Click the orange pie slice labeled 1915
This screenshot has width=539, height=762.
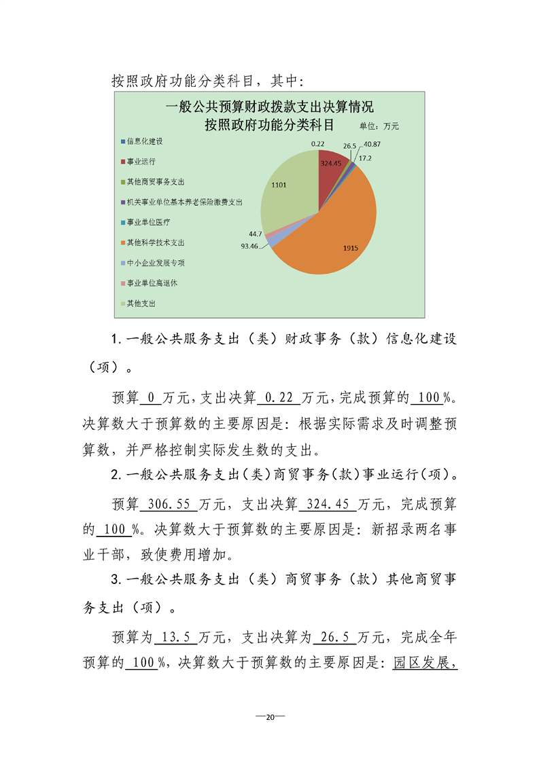(340, 231)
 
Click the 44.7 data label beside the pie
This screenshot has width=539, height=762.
(256, 234)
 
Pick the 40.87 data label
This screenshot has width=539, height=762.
(372, 145)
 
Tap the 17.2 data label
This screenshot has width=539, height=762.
(365, 158)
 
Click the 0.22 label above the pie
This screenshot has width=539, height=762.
(317, 144)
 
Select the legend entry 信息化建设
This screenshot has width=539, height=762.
(144, 142)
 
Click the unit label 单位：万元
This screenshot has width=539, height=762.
(379, 126)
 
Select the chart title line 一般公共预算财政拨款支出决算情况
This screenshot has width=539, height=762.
(270, 108)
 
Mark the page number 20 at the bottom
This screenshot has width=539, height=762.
(270, 717)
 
